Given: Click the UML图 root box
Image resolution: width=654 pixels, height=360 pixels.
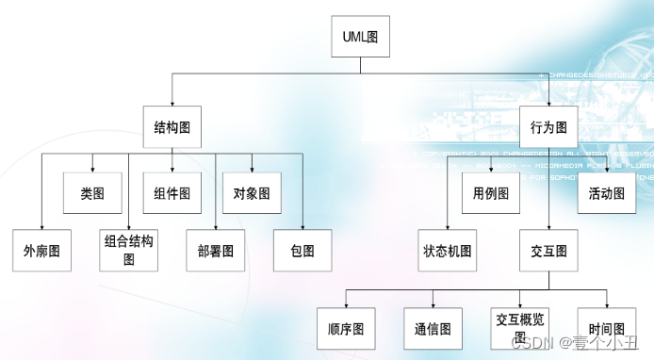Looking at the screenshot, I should (360, 38).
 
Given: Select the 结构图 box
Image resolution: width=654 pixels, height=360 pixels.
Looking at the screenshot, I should (172, 125).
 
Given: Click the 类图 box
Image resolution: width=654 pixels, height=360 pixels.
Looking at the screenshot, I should (92, 193).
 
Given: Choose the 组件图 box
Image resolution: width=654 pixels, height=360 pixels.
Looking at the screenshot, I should (172, 193).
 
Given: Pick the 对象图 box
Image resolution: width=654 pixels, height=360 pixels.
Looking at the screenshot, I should (252, 193).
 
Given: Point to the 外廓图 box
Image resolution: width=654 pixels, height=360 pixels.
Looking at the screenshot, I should (41, 251).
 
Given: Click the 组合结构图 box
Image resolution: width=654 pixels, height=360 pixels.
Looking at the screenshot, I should (129, 250).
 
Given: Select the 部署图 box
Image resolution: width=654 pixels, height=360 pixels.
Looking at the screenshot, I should (216, 251).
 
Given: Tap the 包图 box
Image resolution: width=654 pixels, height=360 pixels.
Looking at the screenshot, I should (302, 251).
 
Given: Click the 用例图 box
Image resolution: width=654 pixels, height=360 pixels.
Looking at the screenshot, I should (491, 193).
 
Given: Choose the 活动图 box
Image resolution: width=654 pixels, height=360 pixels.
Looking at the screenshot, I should (607, 193).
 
